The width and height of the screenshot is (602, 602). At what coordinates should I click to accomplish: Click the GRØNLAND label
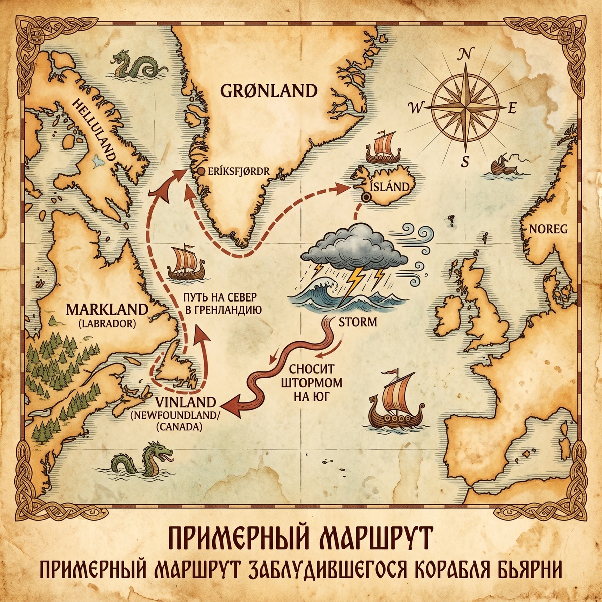(x=269, y=91)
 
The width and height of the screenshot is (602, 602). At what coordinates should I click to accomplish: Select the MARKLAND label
(x=107, y=308)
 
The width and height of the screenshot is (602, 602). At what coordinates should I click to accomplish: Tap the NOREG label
(x=547, y=229)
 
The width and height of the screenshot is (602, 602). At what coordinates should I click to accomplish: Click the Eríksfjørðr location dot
(x=201, y=171)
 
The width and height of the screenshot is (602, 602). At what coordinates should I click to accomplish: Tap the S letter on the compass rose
(x=465, y=161)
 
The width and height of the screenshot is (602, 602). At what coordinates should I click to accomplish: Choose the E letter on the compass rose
(x=512, y=108)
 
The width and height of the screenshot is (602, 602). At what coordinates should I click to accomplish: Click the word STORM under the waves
(x=358, y=322)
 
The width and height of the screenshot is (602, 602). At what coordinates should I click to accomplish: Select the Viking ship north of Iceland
(x=384, y=147)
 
